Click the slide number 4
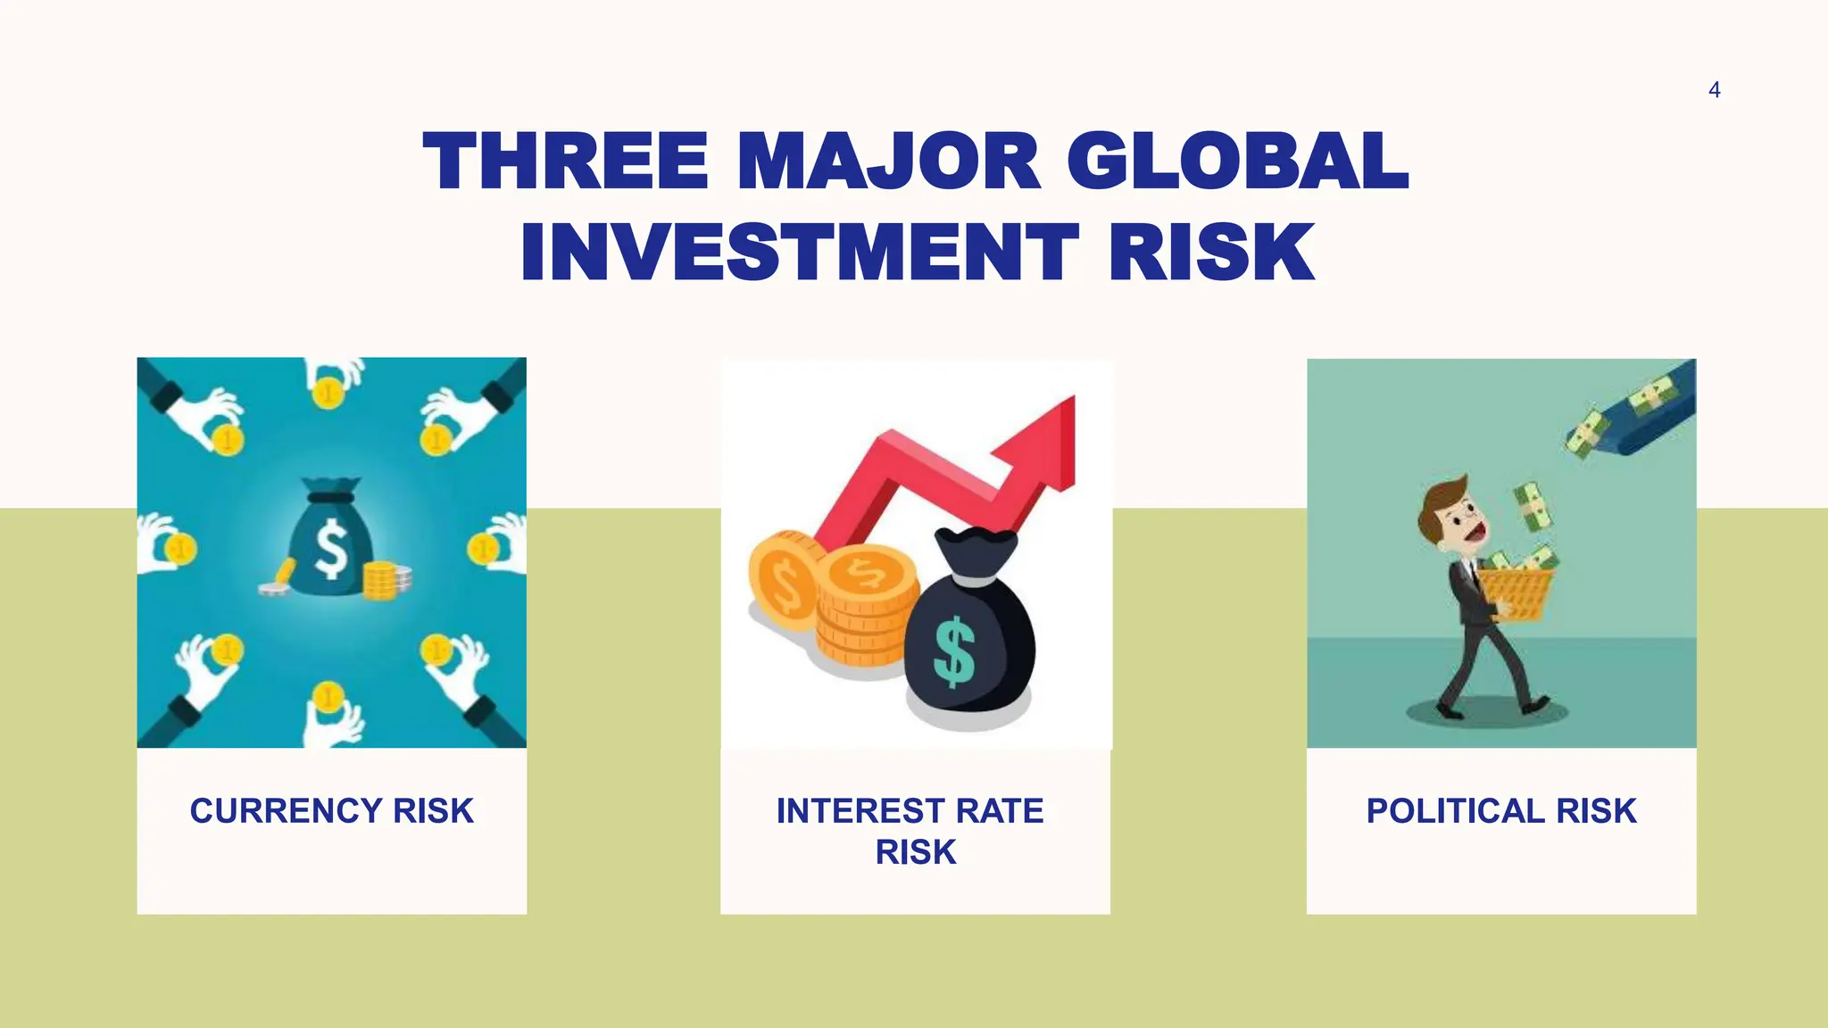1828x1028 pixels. [x=1714, y=90]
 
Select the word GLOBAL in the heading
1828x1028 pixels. [x=1236, y=162]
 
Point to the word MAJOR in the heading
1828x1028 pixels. [x=888, y=162]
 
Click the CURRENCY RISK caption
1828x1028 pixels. [x=331, y=811]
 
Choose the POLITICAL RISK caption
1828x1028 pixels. [x=1501, y=811]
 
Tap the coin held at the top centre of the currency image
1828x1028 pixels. [x=328, y=393]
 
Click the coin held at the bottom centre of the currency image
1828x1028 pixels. [x=328, y=696]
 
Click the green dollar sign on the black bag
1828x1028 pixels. [x=953, y=651]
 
